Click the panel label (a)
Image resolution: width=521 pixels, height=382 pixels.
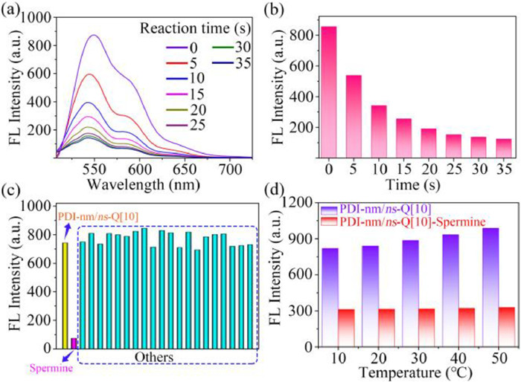[11, 9]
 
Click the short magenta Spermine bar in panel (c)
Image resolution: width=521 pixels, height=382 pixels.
[73, 343]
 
